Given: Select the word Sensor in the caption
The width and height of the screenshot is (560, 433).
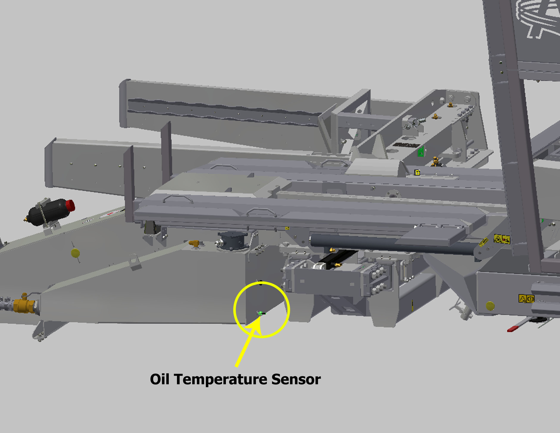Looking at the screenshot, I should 296,379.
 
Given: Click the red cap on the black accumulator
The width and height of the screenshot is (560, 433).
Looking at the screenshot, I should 70,206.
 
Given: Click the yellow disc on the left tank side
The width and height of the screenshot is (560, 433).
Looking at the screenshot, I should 75,253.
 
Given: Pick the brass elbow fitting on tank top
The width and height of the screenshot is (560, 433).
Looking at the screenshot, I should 194,243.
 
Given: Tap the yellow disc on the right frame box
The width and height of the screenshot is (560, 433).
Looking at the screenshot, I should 490,306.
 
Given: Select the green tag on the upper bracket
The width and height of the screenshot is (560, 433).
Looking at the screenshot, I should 421,152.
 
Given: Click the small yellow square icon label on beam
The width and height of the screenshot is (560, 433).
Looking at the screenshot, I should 417,172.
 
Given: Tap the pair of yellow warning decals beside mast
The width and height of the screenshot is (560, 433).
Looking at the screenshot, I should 502,239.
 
